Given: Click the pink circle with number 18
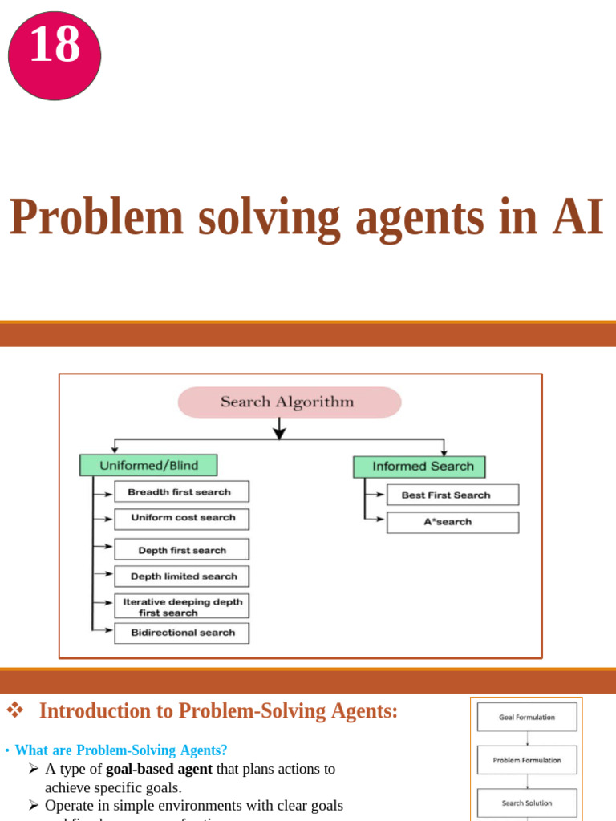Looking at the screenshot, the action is click(x=55, y=55).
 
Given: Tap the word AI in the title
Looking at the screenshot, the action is click(x=577, y=217).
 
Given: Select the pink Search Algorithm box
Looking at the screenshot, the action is click(x=289, y=402).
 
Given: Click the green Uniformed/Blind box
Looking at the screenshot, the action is click(x=148, y=465).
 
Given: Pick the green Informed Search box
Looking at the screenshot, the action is click(x=419, y=467).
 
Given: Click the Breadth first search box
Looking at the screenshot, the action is click(x=181, y=491).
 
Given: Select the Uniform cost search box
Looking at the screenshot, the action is click(x=181, y=519).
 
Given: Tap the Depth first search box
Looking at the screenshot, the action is click(x=181, y=550).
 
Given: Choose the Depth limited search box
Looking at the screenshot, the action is click(x=181, y=576).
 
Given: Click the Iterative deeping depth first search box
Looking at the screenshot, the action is click(x=181, y=606).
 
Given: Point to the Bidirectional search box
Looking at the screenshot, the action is click(x=181, y=633).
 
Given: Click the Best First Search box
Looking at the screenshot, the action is click(x=452, y=495).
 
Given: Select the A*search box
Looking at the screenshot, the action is click(x=452, y=522).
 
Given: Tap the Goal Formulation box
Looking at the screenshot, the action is click(x=527, y=718).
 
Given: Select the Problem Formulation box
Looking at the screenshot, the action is click(x=527, y=760).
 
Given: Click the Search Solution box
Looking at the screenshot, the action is click(x=527, y=803).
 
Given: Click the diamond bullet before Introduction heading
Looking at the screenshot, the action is click(x=15, y=710).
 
